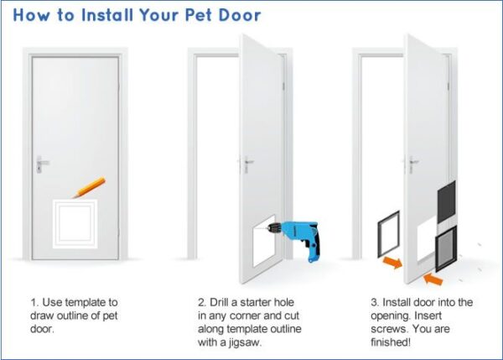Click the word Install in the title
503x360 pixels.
(x=98, y=15)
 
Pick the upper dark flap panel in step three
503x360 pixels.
(x=446, y=201)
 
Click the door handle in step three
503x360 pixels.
(x=412, y=164)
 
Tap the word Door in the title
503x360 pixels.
(x=239, y=15)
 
